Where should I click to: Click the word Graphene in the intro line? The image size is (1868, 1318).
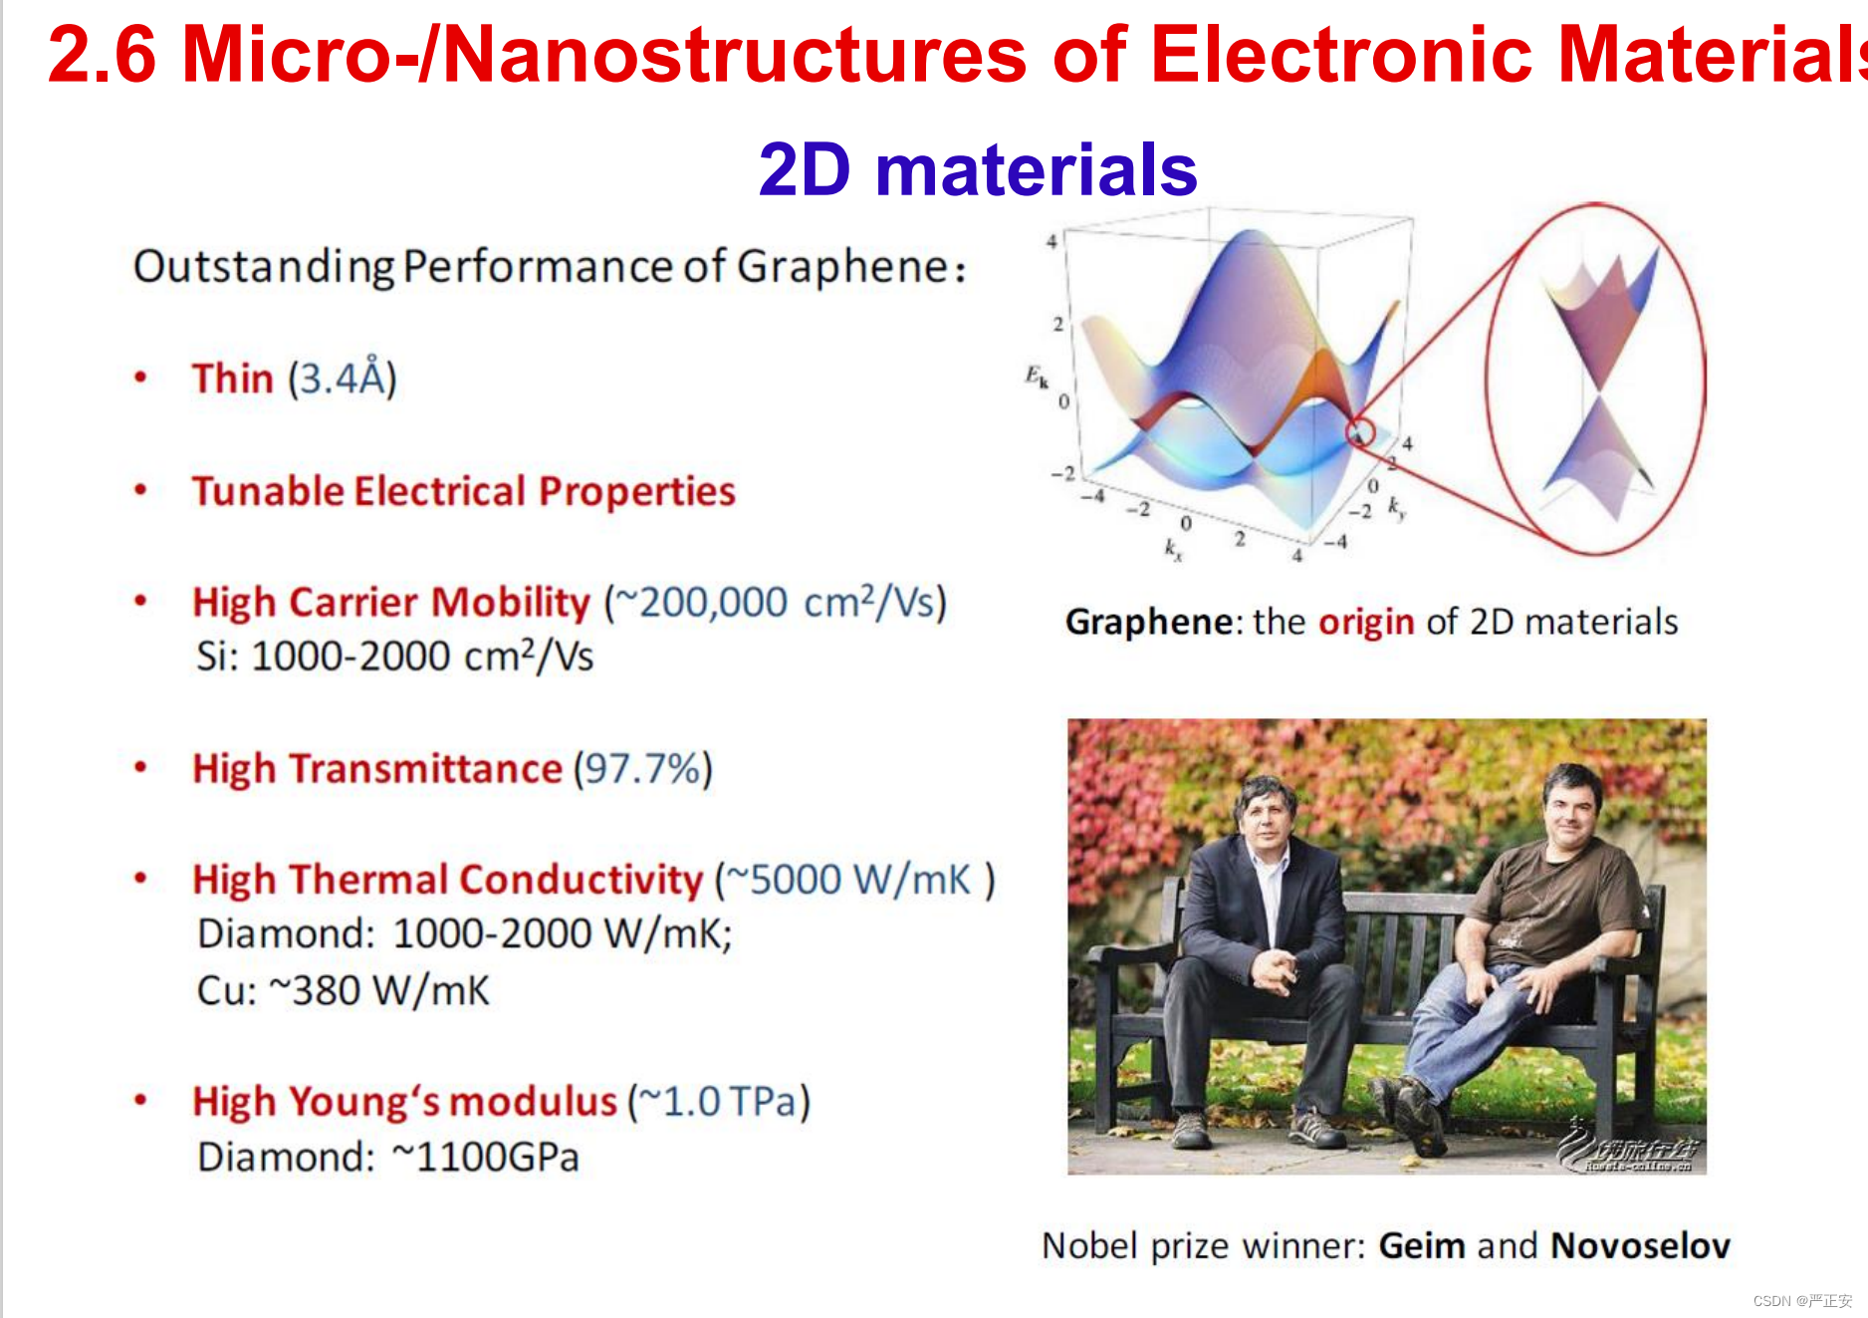coord(842,267)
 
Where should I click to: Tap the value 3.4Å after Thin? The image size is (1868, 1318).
coord(343,378)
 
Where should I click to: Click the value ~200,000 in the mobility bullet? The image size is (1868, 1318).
coord(702,602)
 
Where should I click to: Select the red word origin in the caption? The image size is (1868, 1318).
coord(1366,623)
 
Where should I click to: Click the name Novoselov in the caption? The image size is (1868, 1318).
coord(1640,1245)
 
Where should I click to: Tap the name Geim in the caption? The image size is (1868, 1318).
coord(1421,1245)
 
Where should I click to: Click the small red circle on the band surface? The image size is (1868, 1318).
coord(1361,431)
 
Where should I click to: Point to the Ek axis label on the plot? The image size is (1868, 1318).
coord(1037,377)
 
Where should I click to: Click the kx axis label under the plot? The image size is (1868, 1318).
coord(1174,549)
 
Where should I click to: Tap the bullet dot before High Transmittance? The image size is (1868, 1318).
coord(140,768)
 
